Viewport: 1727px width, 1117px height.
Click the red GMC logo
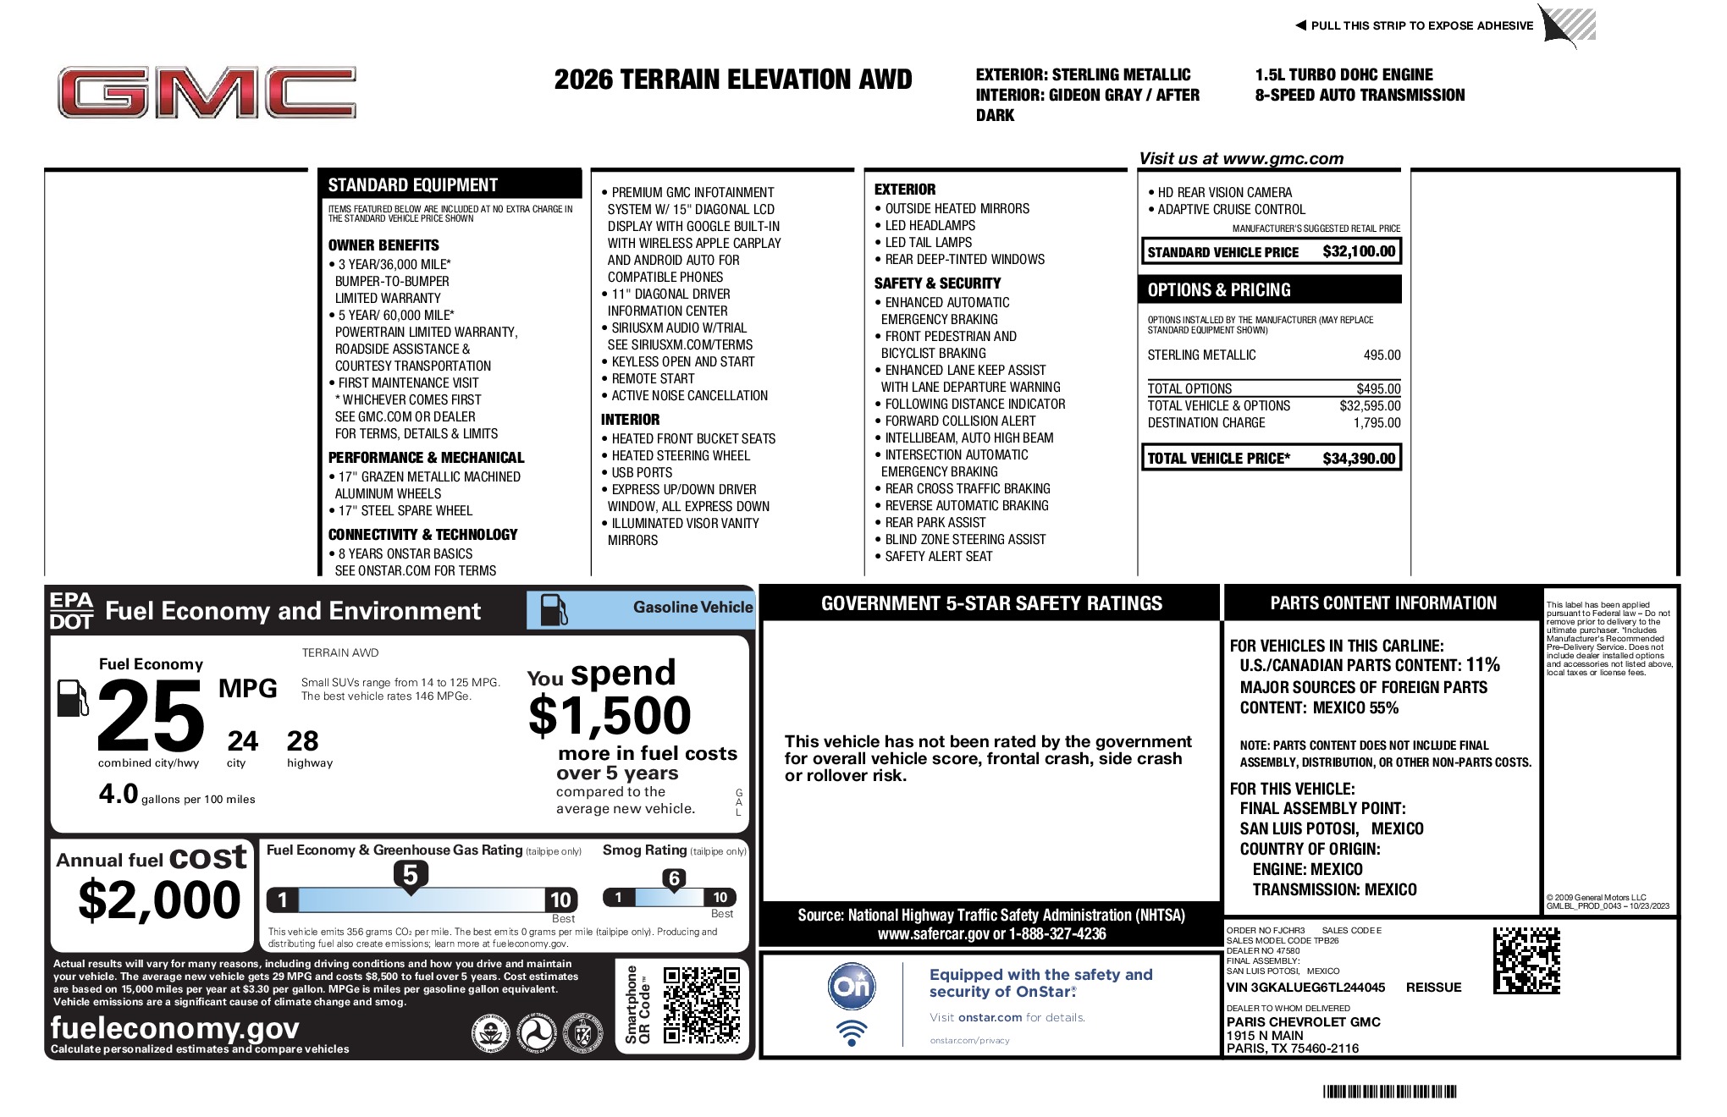[207, 92]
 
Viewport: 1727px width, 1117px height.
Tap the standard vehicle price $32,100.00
[1358, 251]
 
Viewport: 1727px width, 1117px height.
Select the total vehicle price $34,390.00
[1358, 459]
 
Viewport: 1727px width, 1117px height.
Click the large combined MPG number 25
[151, 716]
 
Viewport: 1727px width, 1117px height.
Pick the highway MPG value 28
[302, 741]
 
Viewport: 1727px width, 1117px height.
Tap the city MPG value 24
[242, 741]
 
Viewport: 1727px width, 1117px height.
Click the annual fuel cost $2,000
[159, 900]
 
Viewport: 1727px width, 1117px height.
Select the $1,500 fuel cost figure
[610, 716]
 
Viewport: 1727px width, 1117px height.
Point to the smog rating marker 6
[674, 878]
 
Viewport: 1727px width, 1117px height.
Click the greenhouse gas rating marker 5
[410, 875]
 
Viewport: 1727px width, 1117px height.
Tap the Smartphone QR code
[701, 1005]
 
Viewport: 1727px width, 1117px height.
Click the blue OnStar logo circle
[851, 986]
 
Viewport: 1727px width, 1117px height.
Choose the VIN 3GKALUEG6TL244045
[1305, 988]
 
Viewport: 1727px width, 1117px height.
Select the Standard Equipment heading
[413, 185]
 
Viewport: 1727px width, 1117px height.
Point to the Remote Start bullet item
[653, 379]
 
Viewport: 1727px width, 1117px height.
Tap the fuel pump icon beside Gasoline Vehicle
[554, 609]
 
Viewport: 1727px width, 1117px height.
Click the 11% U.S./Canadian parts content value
[1482, 665]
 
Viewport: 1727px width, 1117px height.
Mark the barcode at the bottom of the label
[1389, 1092]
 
